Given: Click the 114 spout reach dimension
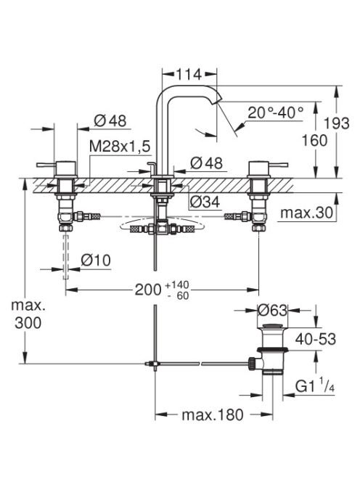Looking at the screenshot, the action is [189, 74].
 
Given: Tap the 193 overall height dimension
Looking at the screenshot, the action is [337, 123].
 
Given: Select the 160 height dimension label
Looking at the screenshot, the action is [314, 141].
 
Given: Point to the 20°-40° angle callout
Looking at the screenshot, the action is [276, 113].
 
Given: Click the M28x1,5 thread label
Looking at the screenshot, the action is [120, 147].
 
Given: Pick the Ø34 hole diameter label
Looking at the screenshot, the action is [205, 202].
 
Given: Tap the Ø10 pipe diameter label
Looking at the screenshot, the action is [96, 261].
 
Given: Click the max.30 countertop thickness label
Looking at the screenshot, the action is [307, 213].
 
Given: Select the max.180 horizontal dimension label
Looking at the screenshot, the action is [213, 414].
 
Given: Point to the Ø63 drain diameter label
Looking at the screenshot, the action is [272, 311].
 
